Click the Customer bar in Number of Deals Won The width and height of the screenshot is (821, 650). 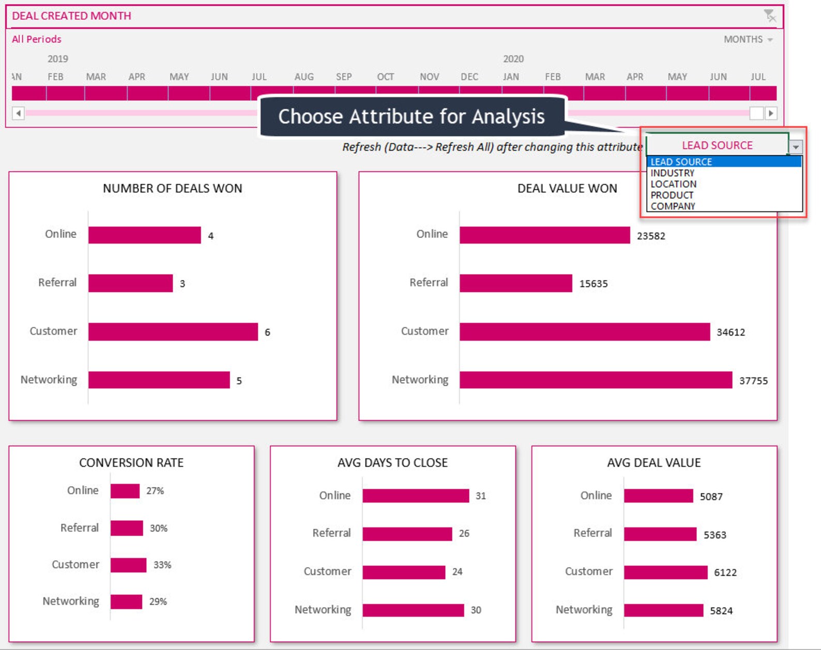173,331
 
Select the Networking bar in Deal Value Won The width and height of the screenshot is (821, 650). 596,380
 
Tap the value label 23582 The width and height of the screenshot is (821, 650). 651,236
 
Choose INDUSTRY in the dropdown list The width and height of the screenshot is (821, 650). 672,173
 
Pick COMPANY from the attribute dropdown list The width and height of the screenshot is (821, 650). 673,206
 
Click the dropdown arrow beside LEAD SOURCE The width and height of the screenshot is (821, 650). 796,147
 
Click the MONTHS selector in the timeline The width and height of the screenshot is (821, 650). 748,39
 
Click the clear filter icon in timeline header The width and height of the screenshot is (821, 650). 770,16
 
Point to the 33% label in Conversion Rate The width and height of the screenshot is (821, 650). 162,565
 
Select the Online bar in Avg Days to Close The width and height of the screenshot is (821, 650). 416,496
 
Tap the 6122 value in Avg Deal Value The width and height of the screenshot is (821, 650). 725,572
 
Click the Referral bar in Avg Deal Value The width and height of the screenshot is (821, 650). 660,534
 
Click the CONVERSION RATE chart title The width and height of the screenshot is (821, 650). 131,462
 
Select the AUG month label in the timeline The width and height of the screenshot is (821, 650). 304,77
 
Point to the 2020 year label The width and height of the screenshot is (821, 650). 513,59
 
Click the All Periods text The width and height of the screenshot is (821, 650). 37,39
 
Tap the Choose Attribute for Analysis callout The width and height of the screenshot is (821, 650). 411,116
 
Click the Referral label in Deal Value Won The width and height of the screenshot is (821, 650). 429,283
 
